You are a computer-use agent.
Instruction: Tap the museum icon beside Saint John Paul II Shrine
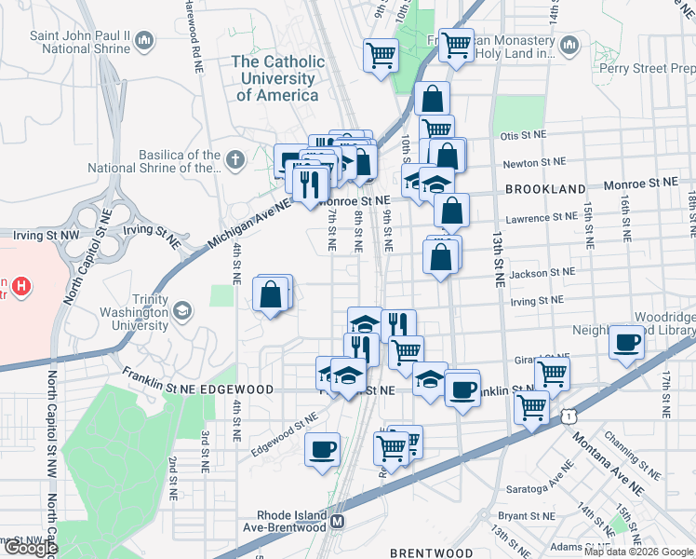[x=144, y=41]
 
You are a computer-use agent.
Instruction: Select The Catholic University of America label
[x=277, y=78]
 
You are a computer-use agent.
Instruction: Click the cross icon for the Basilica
[x=234, y=160]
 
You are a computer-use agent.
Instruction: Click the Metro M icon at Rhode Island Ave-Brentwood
[x=339, y=521]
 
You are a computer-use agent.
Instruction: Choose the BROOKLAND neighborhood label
[x=544, y=188]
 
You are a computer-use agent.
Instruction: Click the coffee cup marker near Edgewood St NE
[x=323, y=449]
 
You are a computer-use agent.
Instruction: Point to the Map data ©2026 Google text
[x=638, y=552]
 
